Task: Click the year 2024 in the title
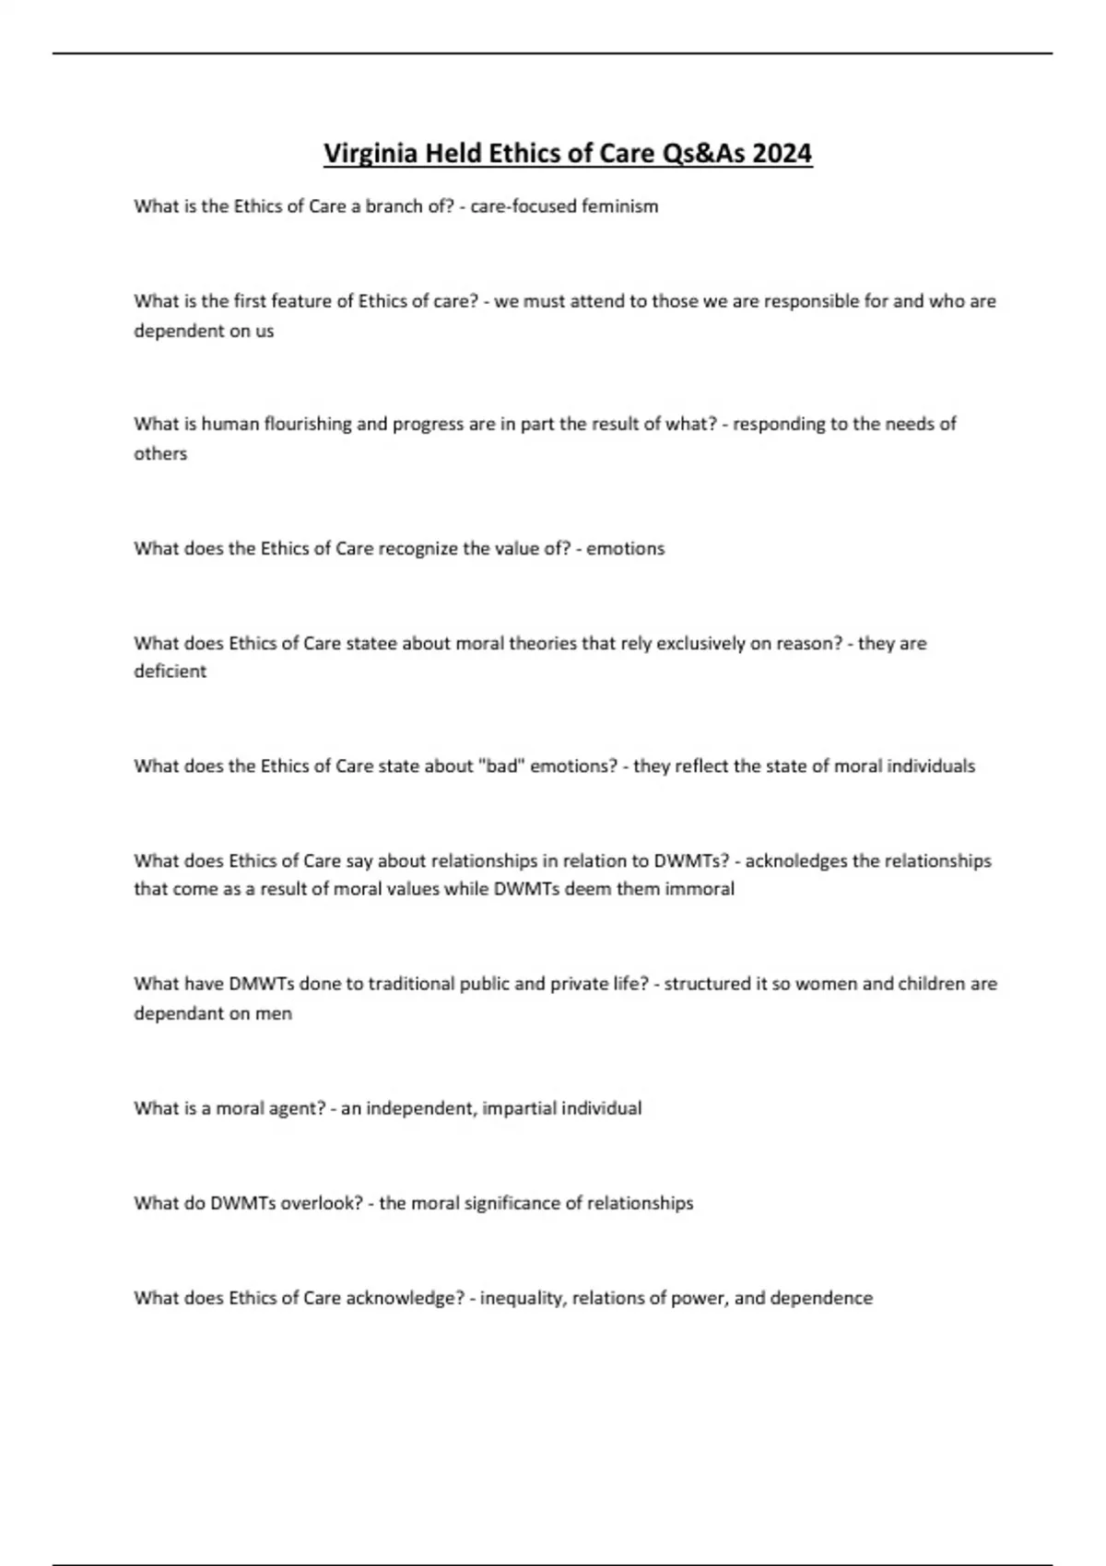click(782, 153)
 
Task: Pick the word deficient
click(170, 672)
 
